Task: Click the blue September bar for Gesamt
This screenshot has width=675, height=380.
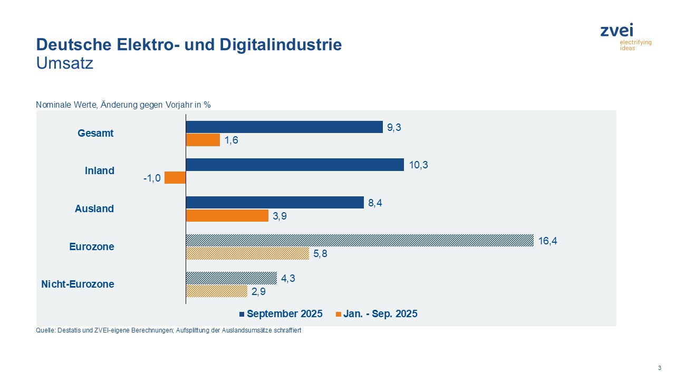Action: pyautogui.click(x=284, y=127)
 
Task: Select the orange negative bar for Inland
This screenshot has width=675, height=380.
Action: pyautogui.click(x=175, y=178)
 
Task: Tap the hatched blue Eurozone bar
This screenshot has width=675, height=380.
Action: pyautogui.click(x=360, y=241)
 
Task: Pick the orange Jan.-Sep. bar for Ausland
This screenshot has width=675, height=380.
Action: pyautogui.click(x=227, y=216)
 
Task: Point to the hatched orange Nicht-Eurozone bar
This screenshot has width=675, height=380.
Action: pyautogui.click(x=217, y=291)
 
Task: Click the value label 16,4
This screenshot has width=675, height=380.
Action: pyautogui.click(x=547, y=241)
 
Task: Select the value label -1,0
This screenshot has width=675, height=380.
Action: pyautogui.click(x=152, y=178)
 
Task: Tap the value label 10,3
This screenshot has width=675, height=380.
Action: pyautogui.click(x=418, y=165)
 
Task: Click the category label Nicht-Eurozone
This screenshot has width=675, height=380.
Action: pyautogui.click(x=78, y=284)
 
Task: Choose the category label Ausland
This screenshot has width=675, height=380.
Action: pyautogui.click(x=94, y=208)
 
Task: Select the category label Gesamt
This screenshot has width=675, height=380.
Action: pyautogui.click(x=95, y=133)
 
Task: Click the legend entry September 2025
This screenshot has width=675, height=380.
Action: pyautogui.click(x=284, y=314)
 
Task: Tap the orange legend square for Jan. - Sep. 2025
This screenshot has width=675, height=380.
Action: pyautogui.click(x=338, y=314)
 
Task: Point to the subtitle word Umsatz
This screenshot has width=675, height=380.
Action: pyautogui.click(x=64, y=64)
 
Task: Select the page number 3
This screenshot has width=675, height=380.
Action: pyautogui.click(x=659, y=368)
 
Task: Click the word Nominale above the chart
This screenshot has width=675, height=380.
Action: pyautogui.click(x=52, y=104)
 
